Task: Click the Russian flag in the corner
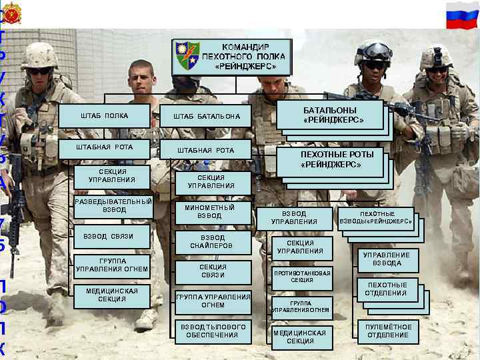pyautogui.click(x=463, y=14)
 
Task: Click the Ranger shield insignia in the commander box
pyautogui.click(x=187, y=57)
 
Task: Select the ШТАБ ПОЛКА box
pyautogui.click(x=105, y=116)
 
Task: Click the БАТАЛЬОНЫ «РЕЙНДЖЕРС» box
pyautogui.click(x=333, y=115)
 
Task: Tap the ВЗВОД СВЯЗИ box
pyautogui.click(x=108, y=237)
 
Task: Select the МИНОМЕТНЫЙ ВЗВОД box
pyautogui.click(x=209, y=212)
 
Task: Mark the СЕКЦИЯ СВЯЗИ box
pyautogui.click(x=213, y=271)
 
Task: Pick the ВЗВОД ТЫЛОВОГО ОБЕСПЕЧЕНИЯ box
pyautogui.click(x=213, y=331)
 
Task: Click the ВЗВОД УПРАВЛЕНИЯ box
pyautogui.click(x=295, y=217)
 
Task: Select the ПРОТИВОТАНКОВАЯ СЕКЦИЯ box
pyautogui.click(x=302, y=276)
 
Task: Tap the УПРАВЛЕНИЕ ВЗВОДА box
pyautogui.click(x=387, y=259)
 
